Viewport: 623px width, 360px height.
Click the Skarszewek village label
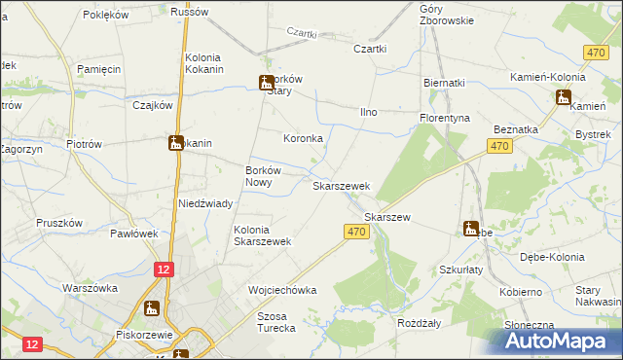341,185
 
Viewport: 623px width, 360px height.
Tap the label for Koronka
303,138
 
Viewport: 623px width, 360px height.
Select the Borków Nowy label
264,176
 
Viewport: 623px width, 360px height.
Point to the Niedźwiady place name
204,203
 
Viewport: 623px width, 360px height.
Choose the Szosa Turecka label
275,322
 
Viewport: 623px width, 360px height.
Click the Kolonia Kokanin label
204,63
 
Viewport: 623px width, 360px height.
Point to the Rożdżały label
421,322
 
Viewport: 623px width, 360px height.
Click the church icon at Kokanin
176,143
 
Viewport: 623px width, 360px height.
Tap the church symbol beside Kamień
563,96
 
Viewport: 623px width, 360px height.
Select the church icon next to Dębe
471,230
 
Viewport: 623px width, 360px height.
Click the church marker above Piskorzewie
152,308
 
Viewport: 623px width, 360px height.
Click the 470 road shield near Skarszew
355,232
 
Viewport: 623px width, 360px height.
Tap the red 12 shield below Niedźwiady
164,268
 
